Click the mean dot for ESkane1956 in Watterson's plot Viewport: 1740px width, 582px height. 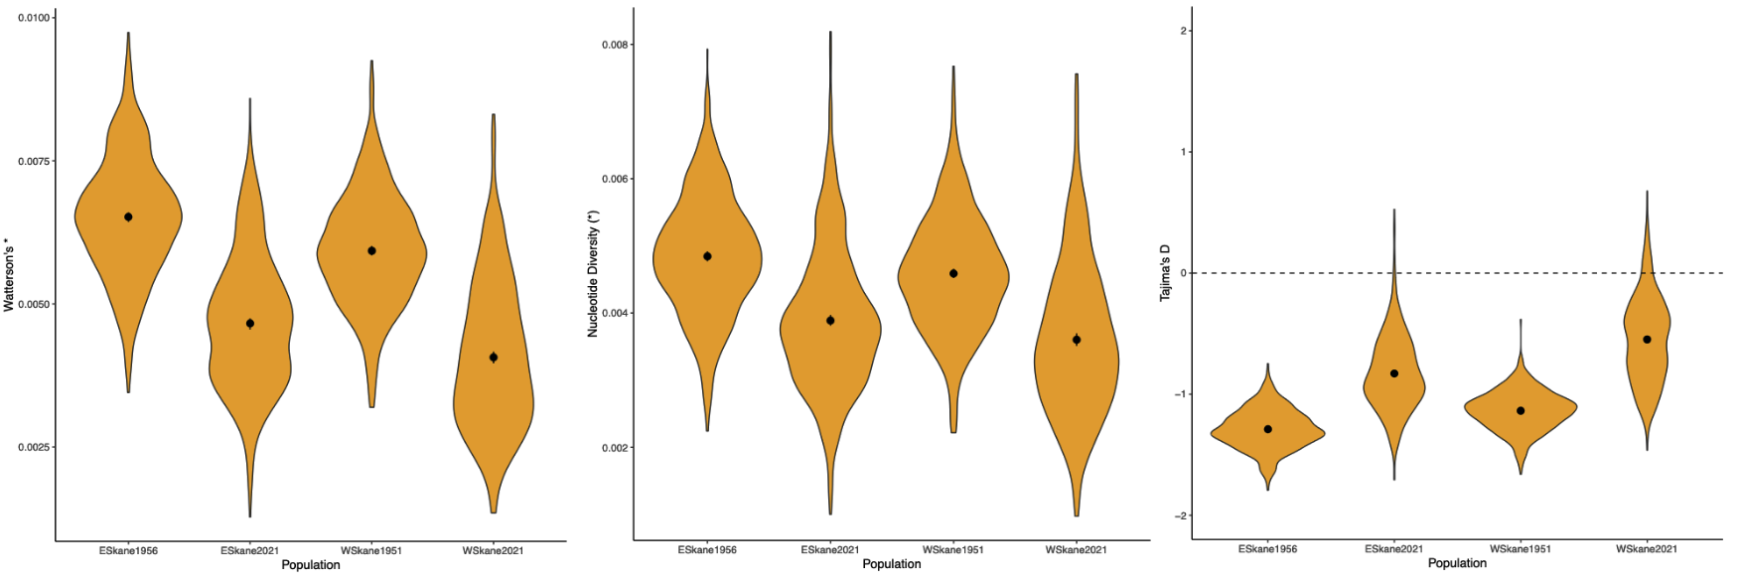coord(128,217)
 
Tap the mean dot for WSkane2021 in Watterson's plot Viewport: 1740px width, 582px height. coord(494,358)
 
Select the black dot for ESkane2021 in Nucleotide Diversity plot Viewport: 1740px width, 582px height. coord(830,321)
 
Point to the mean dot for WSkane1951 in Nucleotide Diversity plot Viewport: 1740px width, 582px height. coord(953,273)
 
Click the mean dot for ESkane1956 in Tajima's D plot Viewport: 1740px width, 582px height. coord(1267,429)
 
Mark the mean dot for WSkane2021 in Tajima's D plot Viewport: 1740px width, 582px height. coord(1647,340)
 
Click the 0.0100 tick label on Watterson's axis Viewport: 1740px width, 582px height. coord(31,18)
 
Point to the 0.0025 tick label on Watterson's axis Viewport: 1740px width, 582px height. coord(31,448)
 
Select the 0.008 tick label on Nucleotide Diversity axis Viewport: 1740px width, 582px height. coord(615,45)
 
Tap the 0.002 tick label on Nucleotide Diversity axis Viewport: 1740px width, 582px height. coord(615,448)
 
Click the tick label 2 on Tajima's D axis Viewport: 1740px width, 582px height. coord(1185,31)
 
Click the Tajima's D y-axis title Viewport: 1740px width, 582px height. coord(1166,272)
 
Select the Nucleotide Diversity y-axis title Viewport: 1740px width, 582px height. coord(593,273)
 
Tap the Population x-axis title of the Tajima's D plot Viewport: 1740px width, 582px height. coord(1457,563)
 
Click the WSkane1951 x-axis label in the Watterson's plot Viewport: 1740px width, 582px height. coord(371,550)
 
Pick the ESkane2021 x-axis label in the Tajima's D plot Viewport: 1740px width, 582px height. coord(1394,549)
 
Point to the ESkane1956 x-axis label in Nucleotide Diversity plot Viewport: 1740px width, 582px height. coord(707,550)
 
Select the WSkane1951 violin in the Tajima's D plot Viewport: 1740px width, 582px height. coord(1521,407)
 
